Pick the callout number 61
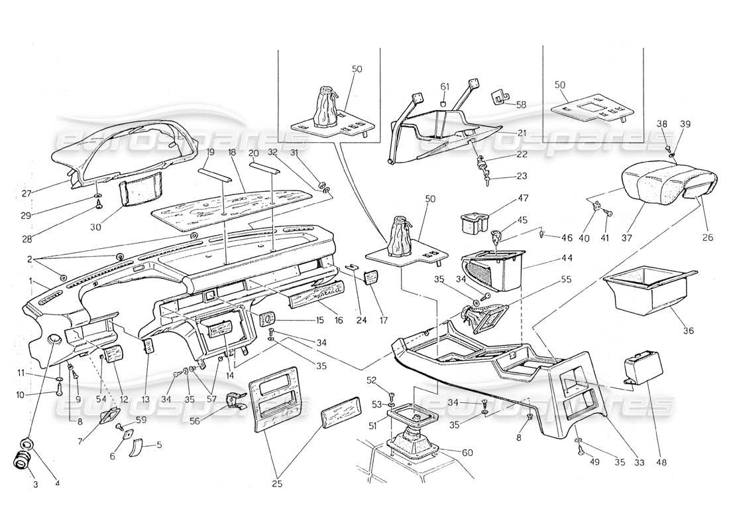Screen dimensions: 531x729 click(x=445, y=87)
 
